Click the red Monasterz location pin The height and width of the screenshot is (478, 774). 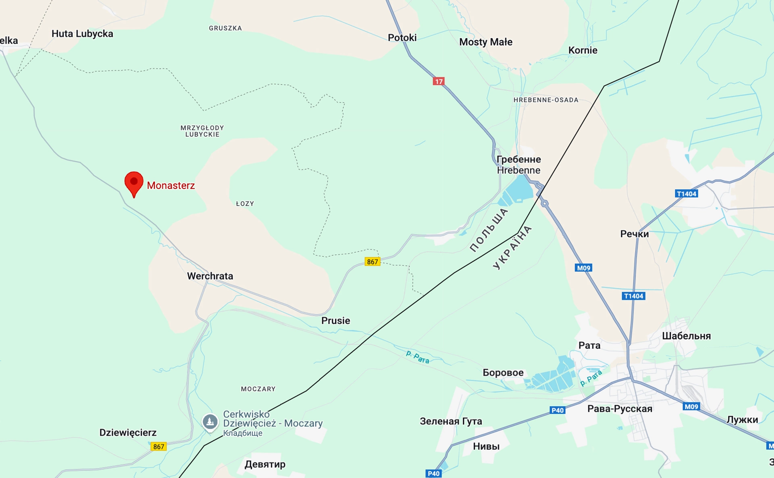(x=134, y=182)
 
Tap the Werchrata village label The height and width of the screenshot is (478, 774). (x=210, y=276)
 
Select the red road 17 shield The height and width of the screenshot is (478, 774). (x=439, y=81)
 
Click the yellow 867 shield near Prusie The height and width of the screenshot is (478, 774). (x=372, y=262)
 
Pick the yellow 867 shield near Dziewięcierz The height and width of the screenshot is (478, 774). (x=158, y=447)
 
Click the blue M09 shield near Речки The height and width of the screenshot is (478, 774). (x=583, y=268)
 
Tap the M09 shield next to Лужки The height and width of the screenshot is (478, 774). (x=691, y=407)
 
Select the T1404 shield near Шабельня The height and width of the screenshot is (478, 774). (x=633, y=296)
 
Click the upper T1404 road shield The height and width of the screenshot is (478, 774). (x=686, y=194)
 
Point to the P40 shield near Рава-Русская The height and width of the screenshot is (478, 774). (x=557, y=410)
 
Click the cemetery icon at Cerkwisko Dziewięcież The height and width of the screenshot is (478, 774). (x=210, y=422)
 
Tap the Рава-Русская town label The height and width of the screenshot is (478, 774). (x=620, y=409)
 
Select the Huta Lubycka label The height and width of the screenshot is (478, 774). (x=82, y=34)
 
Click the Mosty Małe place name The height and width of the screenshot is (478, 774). (x=486, y=42)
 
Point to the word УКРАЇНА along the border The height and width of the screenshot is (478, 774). (x=512, y=247)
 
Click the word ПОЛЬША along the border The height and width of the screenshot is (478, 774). (x=489, y=230)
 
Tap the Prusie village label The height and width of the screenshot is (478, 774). (x=335, y=321)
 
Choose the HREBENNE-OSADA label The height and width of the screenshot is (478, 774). (x=546, y=100)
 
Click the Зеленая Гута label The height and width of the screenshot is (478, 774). (x=451, y=421)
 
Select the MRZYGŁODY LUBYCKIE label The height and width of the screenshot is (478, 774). (x=202, y=131)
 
